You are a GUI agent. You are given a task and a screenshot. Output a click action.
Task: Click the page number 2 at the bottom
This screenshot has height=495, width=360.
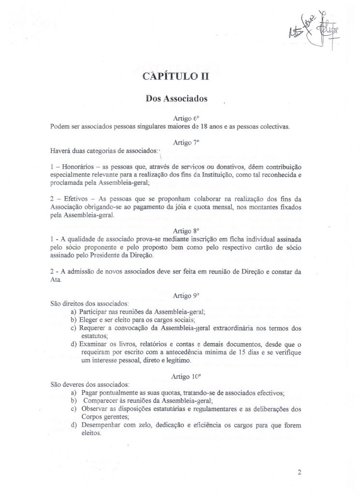[300, 472]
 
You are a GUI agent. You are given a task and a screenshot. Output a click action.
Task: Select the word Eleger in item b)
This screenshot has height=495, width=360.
[89, 320]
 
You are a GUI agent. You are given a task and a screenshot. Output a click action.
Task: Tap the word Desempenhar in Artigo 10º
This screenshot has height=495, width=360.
[100, 425]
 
